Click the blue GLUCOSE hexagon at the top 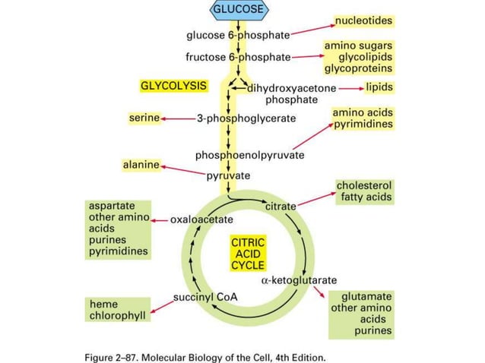tap(239, 10)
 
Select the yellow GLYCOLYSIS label tap(173, 86)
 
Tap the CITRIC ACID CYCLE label tap(248, 254)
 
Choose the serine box tap(144, 118)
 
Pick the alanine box tap(141, 164)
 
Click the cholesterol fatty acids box tap(364, 191)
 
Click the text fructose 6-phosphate tap(238, 57)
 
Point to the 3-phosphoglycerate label tap(246, 118)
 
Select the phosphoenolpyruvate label tap(249, 155)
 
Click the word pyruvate tap(228, 176)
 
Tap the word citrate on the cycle tap(281, 206)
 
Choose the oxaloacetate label tap(201, 219)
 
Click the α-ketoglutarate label tap(299, 279)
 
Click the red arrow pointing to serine tap(177, 118)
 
